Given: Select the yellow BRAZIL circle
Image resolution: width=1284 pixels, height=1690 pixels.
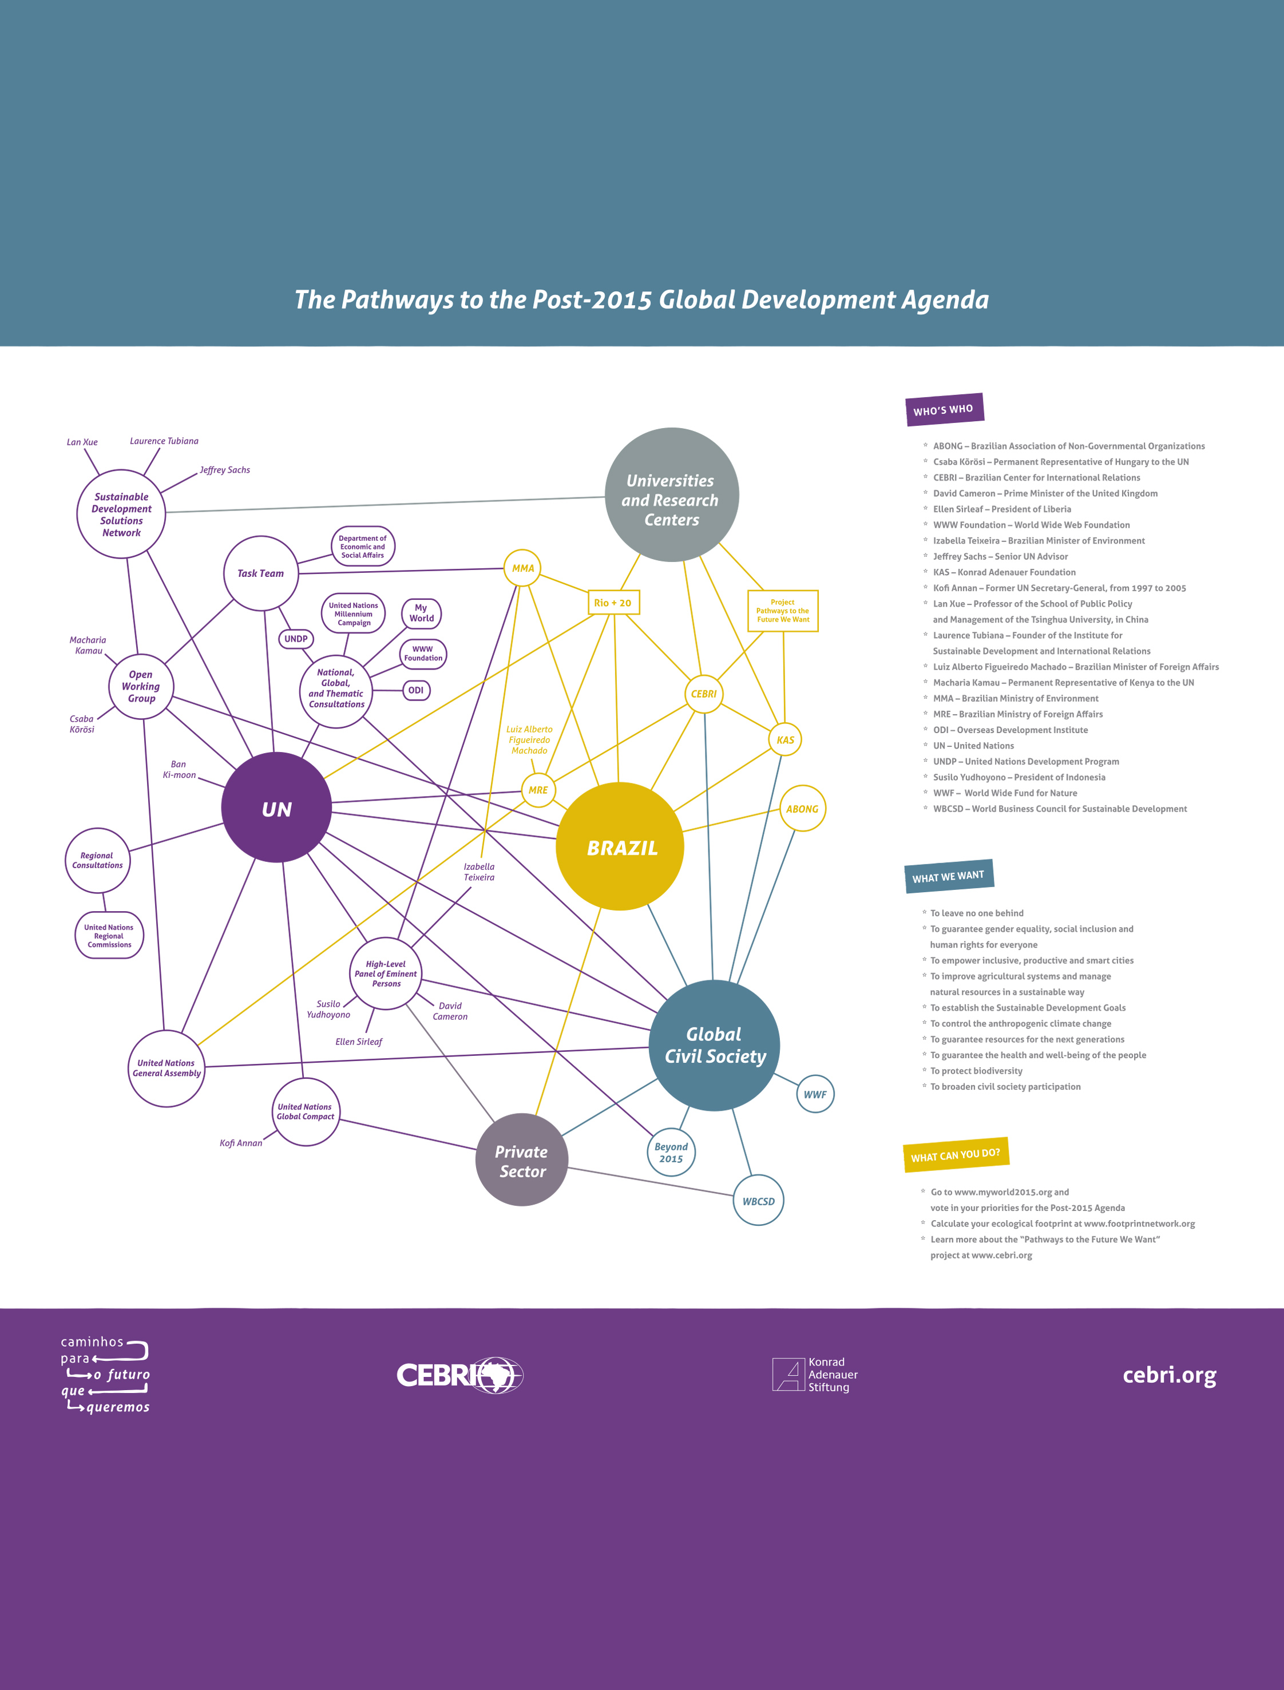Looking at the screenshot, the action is click(620, 846).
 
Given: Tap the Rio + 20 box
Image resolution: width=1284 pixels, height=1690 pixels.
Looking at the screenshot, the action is click(613, 602).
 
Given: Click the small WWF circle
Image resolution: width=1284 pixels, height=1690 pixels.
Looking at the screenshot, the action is click(815, 1094).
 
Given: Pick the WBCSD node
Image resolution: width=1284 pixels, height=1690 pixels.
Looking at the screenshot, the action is click(758, 1201).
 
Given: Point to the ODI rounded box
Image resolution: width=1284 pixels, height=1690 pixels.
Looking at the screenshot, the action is click(416, 690).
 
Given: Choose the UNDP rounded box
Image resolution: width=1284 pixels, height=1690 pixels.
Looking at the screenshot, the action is click(296, 638).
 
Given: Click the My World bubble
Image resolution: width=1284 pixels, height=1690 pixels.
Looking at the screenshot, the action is click(421, 613).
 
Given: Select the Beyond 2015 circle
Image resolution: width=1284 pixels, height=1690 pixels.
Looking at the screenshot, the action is click(671, 1152).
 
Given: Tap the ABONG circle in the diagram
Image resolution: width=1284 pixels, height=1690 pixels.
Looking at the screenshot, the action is click(802, 809).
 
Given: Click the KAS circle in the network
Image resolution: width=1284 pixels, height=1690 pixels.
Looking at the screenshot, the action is click(785, 740).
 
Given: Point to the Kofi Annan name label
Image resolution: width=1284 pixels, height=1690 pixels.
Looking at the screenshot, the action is click(241, 1143).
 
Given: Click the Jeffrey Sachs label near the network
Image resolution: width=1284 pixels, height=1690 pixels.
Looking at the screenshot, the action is click(225, 470).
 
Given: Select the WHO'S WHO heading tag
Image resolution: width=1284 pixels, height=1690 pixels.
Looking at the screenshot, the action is click(944, 409).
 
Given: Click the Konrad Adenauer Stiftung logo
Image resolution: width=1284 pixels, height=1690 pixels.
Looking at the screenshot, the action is click(815, 1374).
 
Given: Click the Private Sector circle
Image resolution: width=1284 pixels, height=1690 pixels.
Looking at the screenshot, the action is click(522, 1159).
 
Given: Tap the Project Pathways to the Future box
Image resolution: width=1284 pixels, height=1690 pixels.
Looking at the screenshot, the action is click(783, 611).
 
